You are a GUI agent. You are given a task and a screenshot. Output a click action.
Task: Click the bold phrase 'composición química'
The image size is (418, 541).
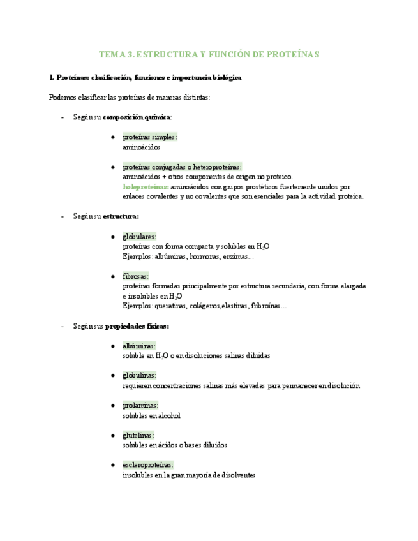pyautogui.click(x=137, y=117)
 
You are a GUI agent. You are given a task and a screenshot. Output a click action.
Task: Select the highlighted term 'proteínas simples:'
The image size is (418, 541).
pyautogui.click(x=150, y=137)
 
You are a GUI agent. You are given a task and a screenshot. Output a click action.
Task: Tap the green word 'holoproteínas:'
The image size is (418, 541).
pyautogui.click(x=146, y=187)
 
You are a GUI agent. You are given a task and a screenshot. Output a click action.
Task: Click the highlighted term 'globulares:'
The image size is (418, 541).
pyautogui.click(x=139, y=236)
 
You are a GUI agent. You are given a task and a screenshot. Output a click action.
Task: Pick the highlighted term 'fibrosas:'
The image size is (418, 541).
pyautogui.click(x=135, y=276)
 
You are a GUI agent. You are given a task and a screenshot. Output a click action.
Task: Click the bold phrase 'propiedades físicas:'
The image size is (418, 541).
pyautogui.click(x=137, y=326)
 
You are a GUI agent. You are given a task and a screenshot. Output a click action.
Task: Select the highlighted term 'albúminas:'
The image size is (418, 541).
pyautogui.click(x=138, y=346)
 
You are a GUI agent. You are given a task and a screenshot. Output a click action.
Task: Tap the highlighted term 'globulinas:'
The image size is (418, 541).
pyautogui.click(x=139, y=375)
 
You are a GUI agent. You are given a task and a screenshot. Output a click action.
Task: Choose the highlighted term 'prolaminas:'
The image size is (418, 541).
pyautogui.click(x=140, y=405)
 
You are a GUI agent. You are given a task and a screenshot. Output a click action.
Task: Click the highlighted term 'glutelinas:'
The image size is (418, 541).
pyautogui.click(x=138, y=435)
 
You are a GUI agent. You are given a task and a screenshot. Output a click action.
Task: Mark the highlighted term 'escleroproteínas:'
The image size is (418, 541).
pyautogui.click(x=147, y=465)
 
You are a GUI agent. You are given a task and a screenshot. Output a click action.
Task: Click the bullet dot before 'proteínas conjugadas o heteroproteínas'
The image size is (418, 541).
pyautogui.click(x=113, y=167)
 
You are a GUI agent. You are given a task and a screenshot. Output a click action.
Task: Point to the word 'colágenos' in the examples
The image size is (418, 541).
pyautogui.click(x=204, y=306)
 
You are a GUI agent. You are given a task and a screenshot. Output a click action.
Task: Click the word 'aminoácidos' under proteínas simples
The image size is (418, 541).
pyautogui.click(x=141, y=147)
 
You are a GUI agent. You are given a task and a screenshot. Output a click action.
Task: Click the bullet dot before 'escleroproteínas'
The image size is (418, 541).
pyautogui.click(x=113, y=465)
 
